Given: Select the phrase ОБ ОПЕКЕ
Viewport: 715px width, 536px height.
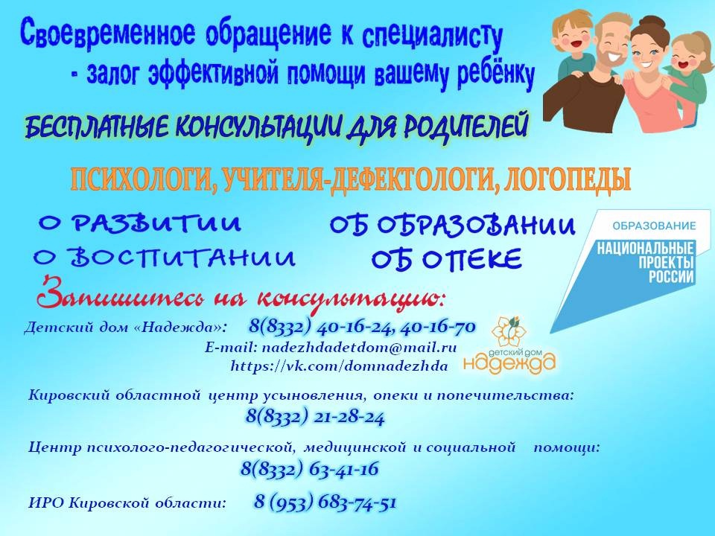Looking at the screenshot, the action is pyautogui.click(x=446, y=260).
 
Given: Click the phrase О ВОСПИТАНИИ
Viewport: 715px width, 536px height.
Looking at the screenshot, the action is pyautogui.click(x=165, y=257).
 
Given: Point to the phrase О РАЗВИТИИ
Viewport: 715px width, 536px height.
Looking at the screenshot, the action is pyautogui.click(x=139, y=223).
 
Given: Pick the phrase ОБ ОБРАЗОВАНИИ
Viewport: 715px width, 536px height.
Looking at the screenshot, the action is pyautogui.click(x=452, y=226).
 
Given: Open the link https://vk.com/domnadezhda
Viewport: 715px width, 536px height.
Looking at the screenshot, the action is pyautogui.click(x=340, y=366).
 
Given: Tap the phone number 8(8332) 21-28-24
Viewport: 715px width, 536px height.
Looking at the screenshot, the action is pyautogui.click(x=315, y=417).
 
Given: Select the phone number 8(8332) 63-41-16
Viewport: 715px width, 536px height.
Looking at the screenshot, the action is pyautogui.click(x=310, y=468).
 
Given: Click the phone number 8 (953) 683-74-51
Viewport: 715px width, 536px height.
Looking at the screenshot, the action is pyautogui.click(x=325, y=502).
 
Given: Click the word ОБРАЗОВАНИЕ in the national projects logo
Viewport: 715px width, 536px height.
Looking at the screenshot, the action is pyautogui.click(x=654, y=226).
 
